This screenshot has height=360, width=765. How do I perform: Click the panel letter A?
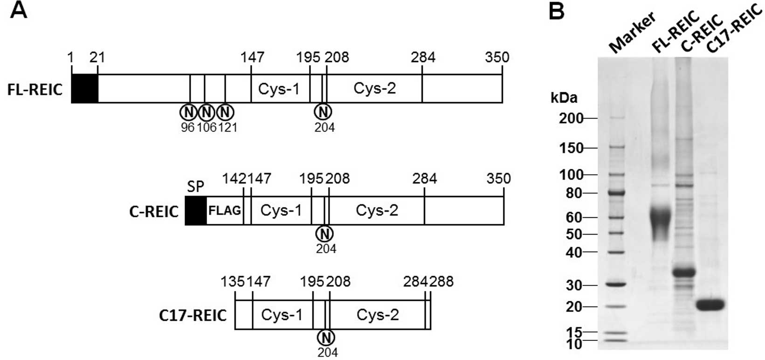point(19,10)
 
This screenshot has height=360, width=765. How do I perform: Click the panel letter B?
point(557,11)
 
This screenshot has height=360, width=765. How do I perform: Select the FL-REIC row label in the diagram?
point(35,89)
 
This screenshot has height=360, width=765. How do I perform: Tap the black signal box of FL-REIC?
point(84,88)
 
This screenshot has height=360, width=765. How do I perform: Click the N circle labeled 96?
point(188,112)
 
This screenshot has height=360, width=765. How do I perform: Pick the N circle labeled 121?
point(226,112)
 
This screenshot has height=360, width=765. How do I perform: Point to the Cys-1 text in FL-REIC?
point(279,89)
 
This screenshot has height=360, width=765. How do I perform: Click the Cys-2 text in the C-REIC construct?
point(377,210)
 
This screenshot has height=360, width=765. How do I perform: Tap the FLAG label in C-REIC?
point(225,211)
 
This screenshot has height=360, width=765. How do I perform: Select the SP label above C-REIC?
point(196,187)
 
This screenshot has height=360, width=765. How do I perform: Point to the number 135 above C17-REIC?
point(233,282)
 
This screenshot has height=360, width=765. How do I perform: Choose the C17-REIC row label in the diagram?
point(193,315)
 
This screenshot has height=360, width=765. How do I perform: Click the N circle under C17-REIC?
point(326,337)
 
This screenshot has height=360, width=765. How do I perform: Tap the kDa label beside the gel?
point(564,98)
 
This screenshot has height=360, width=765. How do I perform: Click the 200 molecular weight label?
point(571,118)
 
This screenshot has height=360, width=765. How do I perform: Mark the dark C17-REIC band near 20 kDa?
point(710,305)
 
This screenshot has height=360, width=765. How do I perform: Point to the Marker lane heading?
point(633,33)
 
